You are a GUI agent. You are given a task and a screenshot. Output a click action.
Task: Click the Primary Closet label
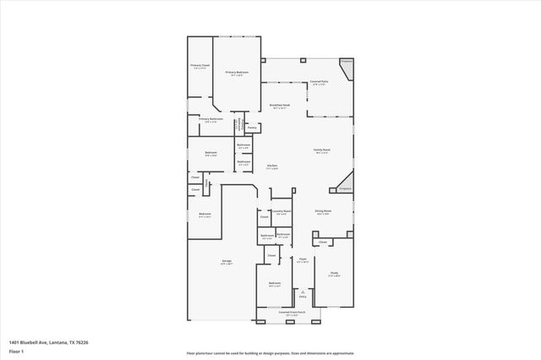tap(199, 67)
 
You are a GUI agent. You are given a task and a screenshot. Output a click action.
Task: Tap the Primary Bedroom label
tap(236, 74)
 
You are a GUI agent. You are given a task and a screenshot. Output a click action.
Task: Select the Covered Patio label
tap(319, 82)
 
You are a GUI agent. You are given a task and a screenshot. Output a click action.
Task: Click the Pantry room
tap(252, 128)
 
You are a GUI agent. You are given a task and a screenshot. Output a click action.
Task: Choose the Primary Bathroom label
tap(210, 121)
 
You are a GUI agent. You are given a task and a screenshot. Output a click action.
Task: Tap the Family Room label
tap(321, 150)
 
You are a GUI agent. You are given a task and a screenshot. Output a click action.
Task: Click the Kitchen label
tap(272, 166)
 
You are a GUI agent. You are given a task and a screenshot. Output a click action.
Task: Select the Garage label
tap(227, 263)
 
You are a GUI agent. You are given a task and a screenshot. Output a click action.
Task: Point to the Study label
tap(334, 275)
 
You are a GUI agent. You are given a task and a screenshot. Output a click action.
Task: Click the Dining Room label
tap(323, 212)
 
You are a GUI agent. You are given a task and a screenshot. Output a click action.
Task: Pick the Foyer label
tap(302, 261)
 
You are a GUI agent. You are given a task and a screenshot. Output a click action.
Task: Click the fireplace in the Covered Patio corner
tap(347, 63)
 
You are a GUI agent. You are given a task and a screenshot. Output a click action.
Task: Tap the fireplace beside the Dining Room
tap(344, 188)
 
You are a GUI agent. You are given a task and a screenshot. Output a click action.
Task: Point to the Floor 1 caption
tap(17, 349)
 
